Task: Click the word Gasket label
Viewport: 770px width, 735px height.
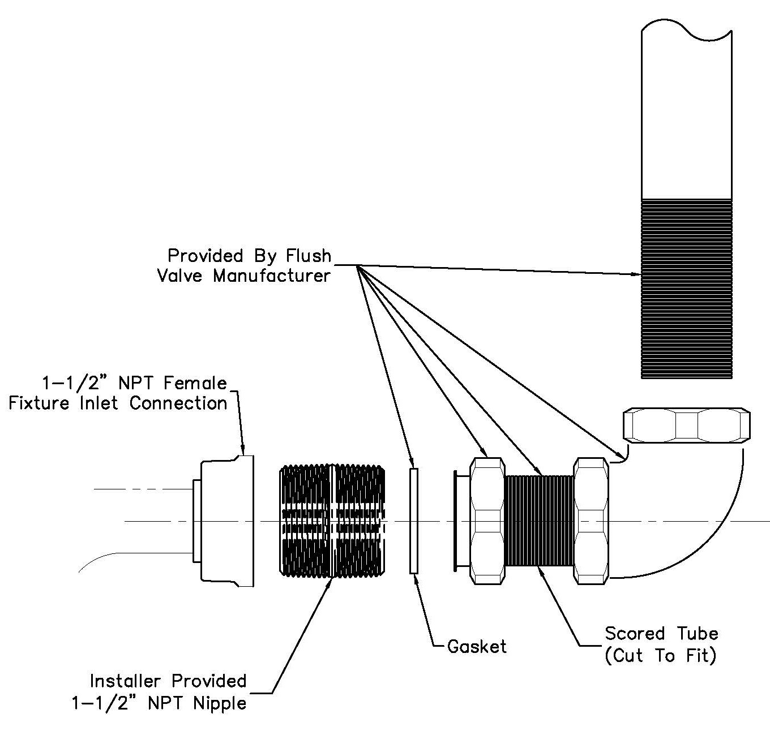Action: coord(477,646)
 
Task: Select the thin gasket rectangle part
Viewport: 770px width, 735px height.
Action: coord(414,521)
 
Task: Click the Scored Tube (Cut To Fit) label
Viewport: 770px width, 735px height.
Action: coord(661,644)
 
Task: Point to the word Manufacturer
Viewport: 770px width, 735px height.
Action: coord(271,276)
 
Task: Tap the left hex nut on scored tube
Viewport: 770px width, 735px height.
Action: coord(487,521)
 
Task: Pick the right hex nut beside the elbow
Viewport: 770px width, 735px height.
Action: coord(592,521)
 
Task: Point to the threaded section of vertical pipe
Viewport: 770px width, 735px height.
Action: coord(686,289)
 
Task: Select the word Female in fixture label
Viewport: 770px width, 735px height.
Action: coord(195,383)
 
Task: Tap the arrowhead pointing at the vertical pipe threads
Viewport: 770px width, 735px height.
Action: coord(636,274)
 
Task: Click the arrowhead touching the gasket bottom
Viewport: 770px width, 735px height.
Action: coord(415,578)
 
